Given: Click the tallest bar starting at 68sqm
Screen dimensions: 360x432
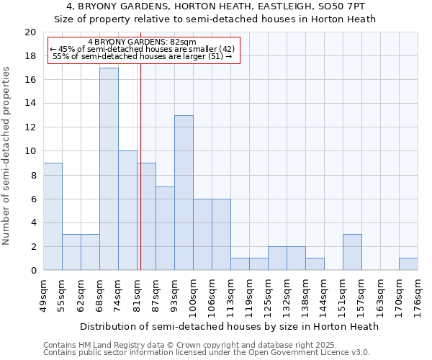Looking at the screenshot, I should (x=109, y=169).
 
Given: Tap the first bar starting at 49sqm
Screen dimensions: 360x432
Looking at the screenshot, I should (x=53, y=217).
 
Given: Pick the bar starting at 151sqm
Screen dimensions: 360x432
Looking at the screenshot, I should (x=352, y=252).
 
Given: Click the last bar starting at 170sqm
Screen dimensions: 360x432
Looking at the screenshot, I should (x=408, y=264).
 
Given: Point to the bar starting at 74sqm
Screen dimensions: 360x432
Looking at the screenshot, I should (x=127, y=210).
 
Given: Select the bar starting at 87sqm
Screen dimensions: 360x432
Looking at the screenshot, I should (x=165, y=228).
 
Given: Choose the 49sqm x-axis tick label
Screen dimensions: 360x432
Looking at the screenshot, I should (x=43, y=294).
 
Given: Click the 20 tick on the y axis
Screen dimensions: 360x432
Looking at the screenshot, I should (x=30, y=32).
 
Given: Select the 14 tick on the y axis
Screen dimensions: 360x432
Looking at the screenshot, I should (x=30, y=104).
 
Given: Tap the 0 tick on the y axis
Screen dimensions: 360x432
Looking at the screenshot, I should (x=33, y=270).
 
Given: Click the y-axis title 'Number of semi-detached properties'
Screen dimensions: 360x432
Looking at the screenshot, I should (x=7, y=156).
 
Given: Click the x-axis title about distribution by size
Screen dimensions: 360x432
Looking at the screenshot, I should (x=229, y=326).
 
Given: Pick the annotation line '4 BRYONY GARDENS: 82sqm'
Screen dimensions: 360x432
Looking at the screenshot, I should (x=142, y=42).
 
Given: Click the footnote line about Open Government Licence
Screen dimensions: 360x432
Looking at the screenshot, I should (x=207, y=352).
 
